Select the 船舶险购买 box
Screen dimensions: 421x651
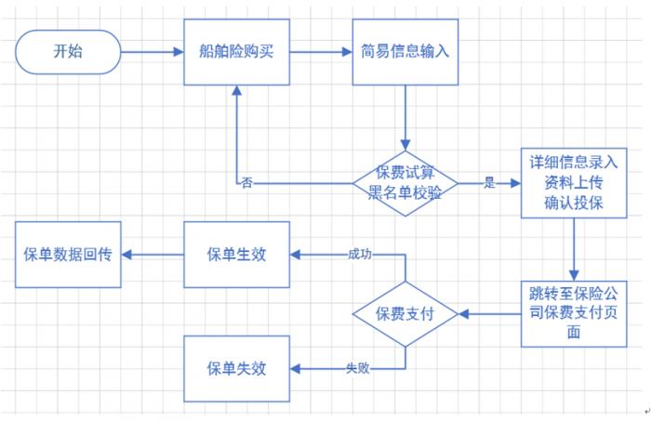(x=236, y=52)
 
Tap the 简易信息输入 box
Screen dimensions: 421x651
(x=404, y=52)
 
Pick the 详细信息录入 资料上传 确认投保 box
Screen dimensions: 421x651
(x=574, y=183)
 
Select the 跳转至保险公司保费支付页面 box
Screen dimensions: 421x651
(x=574, y=314)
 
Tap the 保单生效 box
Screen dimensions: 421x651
(x=236, y=255)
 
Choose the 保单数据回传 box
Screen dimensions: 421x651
(x=68, y=255)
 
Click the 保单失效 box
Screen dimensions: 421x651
(x=236, y=369)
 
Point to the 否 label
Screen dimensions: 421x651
(x=246, y=182)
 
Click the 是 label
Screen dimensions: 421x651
(x=489, y=183)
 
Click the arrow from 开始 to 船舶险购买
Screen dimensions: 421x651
(x=153, y=52)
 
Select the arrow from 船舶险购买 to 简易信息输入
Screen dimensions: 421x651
(x=319, y=52)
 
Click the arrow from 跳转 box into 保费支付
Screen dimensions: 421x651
(x=488, y=314)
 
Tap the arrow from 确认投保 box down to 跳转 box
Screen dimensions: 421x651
(x=574, y=249)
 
